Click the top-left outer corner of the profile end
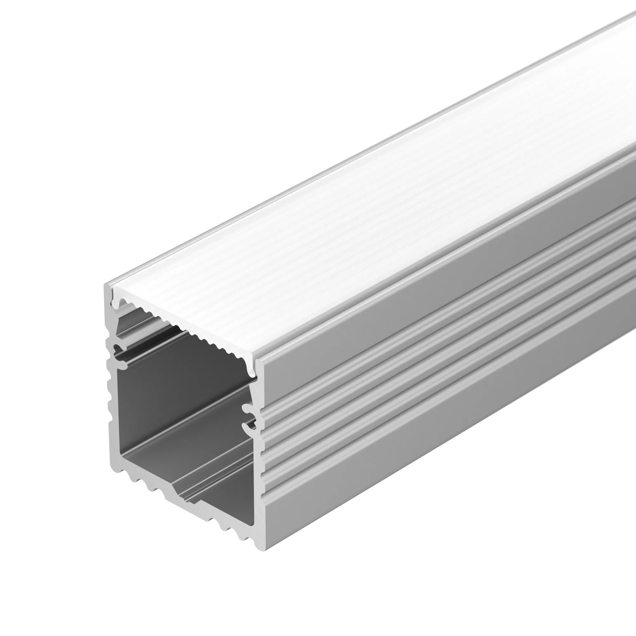tap(106, 285)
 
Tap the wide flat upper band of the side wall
tap(428, 303)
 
